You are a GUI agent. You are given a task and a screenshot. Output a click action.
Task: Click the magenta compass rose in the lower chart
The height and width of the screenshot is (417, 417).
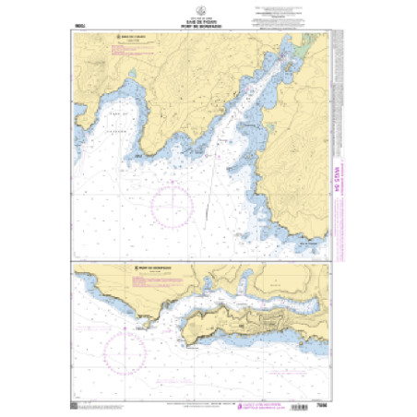pyautogui.click(x=126, y=351)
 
